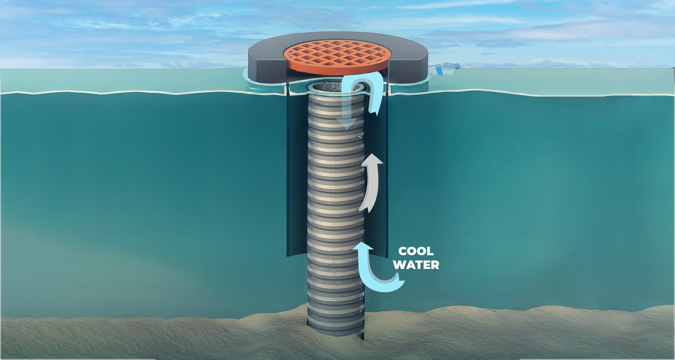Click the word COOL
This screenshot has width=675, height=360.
pyautogui.click(x=416, y=251)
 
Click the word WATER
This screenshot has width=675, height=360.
pyautogui.click(x=416, y=265)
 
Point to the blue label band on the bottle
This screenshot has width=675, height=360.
pyautogui.click(x=439, y=70)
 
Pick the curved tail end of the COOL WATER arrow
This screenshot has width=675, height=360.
pyautogui.click(x=399, y=281)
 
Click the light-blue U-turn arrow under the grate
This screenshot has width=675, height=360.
pyautogui.click(x=369, y=88)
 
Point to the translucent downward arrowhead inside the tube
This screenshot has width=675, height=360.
pyautogui.click(x=347, y=123)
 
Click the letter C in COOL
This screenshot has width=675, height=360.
pyautogui.click(x=403, y=251)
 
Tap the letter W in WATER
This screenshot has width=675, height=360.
pyautogui.click(x=399, y=265)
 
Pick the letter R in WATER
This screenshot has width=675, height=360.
pyautogui.click(x=435, y=265)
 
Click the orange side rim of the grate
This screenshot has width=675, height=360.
pyautogui.click(x=337, y=70)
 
